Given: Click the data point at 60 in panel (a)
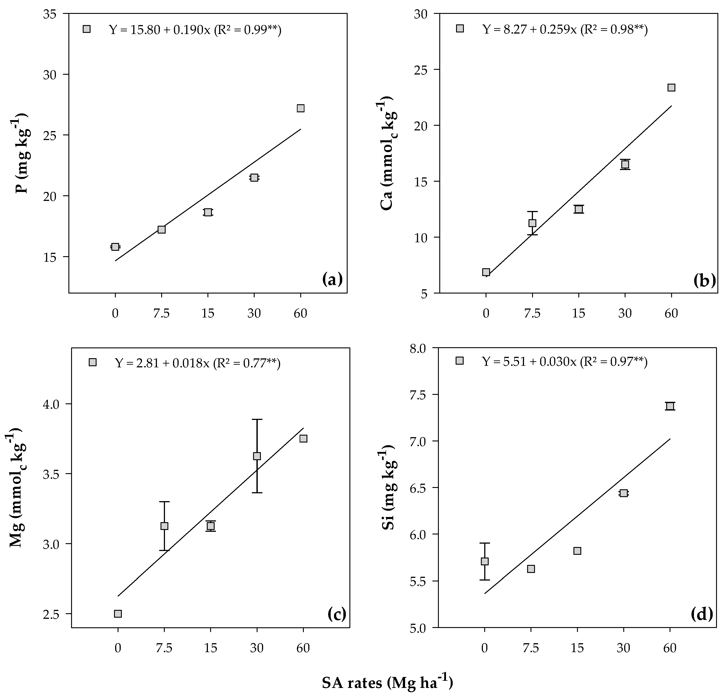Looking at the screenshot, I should [300, 108].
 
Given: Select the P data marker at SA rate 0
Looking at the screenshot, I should [115, 247].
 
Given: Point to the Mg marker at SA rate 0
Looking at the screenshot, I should [118, 614].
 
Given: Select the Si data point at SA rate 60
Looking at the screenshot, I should [670, 406].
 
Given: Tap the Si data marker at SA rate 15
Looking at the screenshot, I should [577, 551].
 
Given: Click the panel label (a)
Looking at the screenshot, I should [332, 279].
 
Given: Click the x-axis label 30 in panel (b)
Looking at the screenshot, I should [625, 313].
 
